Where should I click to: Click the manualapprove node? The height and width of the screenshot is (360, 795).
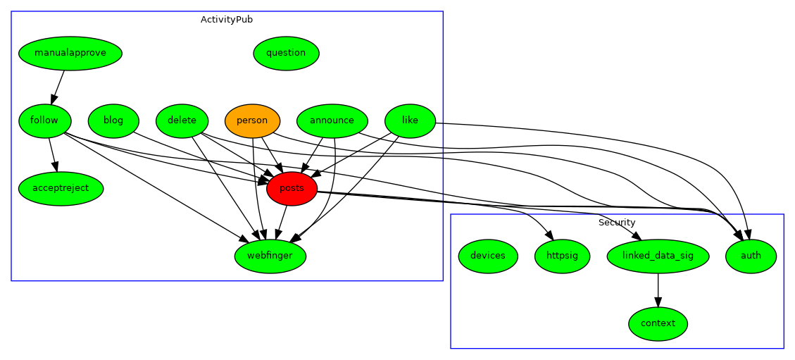click(70, 53)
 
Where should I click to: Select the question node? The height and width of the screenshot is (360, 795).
click(286, 53)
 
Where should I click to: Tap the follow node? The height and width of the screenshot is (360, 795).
click(44, 120)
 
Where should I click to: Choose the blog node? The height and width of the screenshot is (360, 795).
click(113, 120)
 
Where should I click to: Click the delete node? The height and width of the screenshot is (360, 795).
click(182, 120)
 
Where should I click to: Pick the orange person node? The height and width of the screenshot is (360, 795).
click(252, 120)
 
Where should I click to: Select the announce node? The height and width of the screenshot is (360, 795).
click(332, 120)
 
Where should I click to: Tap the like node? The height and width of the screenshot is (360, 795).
click(410, 120)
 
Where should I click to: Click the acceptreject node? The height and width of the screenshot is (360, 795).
click(61, 188)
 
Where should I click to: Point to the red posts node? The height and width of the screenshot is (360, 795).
click(292, 188)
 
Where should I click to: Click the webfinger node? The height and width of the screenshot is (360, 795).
click(270, 256)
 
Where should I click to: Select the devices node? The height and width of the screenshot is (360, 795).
click(488, 256)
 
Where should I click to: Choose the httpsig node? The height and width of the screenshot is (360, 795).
click(562, 256)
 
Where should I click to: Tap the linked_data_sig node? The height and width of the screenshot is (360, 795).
click(658, 256)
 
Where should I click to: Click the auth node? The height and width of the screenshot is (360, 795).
click(751, 256)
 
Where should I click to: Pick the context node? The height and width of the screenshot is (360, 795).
click(658, 323)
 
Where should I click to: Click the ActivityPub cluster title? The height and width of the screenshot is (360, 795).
click(227, 20)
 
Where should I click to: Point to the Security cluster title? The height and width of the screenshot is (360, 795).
click(617, 223)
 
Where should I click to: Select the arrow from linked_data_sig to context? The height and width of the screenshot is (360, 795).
click(658, 290)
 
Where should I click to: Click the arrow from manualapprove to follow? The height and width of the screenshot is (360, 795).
click(58, 87)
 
